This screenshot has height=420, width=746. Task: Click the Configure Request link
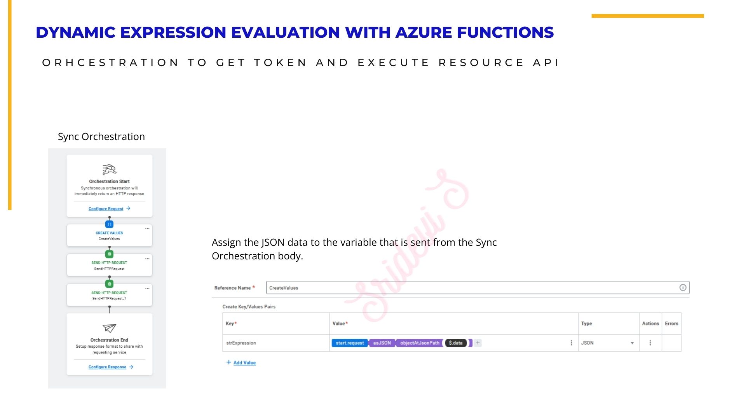pyautogui.click(x=106, y=209)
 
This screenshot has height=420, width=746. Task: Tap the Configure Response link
pyautogui.click(x=107, y=367)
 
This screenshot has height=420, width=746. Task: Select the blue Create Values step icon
pyautogui.click(x=110, y=224)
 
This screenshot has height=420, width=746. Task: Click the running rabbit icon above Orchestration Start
pyautogui.click(x=109, y=170)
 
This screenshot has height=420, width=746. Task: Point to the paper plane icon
pyautogui.click(x=109, y=328)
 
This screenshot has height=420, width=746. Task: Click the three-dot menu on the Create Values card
pyautogui.click(x=147, y=229)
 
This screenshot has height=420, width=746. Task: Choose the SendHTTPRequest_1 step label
pyautogui.click(x=109, y=299)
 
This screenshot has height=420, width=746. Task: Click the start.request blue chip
pyautogui.click(x=350, y=343)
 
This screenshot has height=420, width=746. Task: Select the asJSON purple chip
pyautogui.click(x=382, y=343)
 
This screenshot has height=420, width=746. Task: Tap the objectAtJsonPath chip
pyautogui.click(x=420, y=343)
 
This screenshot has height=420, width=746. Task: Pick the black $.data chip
pyautogui.click(x=456, y=343)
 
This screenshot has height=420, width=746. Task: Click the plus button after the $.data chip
pyautogui.click(x=478, y=343)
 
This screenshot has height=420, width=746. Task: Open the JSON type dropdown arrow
pyautogui.click(x=632, y=343)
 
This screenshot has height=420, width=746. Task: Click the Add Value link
pyautogui.click(x=244, y=363)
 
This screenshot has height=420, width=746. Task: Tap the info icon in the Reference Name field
pyautogui.click(x=683, y=287)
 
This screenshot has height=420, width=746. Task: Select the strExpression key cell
pyautogui.click(x=241, y=343)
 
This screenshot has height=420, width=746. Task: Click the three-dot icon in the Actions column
pyautogui.click(x=650, y=343)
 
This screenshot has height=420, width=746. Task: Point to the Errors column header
pyautogui.click(x=671, y=324)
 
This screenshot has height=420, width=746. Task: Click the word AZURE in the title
pyautogui.click(x=424, y=32)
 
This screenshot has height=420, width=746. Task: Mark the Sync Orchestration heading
pyautogui.click(x=101, y=136)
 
